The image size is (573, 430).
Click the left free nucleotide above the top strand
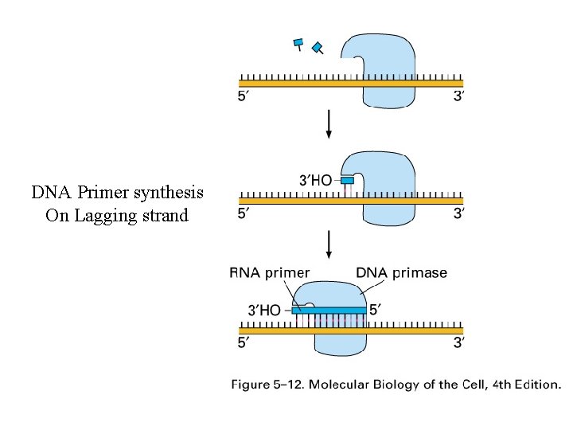[x=299, y=44]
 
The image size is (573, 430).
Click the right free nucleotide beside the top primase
[x=318, y=49]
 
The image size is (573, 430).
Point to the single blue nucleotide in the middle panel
[x=347, y=182]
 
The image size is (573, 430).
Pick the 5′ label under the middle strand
[x=246, y=213]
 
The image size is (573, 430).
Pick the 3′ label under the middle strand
[x=458, y=213]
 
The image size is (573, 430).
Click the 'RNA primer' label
[x=270, y=273]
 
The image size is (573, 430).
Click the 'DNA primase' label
[x=402, y=273]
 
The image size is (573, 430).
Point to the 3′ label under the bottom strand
[x=458, y=342]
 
